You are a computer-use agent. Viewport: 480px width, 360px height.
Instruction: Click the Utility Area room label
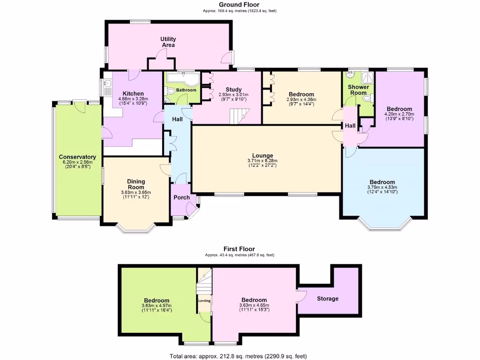click(168, 42)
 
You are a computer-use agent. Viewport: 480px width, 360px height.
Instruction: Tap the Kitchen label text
click(133, 94)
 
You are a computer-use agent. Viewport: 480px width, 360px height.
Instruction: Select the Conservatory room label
click(77, 157)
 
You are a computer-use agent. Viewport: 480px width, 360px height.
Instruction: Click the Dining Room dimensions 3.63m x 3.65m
click(136, 192)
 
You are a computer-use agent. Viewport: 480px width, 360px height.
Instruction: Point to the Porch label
click(181, 197)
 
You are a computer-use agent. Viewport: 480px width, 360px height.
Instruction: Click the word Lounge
click(262, 156)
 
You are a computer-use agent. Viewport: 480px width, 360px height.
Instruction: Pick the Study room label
click(233, 90)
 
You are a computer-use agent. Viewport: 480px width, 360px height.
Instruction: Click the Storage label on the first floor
click(328, 299)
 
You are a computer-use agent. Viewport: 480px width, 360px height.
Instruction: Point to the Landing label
click(204, 301)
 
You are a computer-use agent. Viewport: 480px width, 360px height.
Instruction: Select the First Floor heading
click(240, 249)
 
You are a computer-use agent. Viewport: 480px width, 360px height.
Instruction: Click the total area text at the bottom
click(240, 356)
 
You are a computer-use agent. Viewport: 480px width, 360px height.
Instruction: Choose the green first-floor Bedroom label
click(157, 300)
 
